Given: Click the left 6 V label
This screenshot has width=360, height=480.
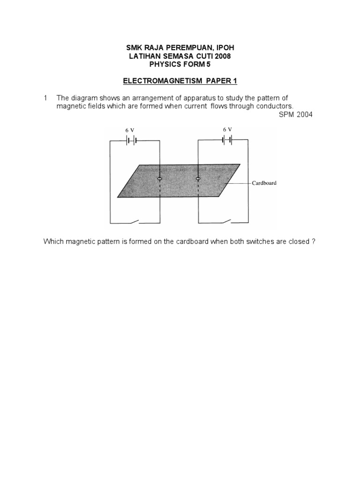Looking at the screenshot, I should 129,130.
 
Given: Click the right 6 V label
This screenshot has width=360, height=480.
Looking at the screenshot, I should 227,129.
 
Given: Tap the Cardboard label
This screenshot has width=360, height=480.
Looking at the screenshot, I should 264,183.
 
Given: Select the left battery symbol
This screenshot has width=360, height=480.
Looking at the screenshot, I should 130,140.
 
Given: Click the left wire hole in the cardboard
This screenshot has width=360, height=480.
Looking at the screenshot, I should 160,179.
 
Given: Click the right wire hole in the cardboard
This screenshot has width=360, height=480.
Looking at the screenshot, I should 197,179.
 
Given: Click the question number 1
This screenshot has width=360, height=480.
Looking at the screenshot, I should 45,98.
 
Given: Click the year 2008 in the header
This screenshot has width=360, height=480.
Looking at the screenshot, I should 222,56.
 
